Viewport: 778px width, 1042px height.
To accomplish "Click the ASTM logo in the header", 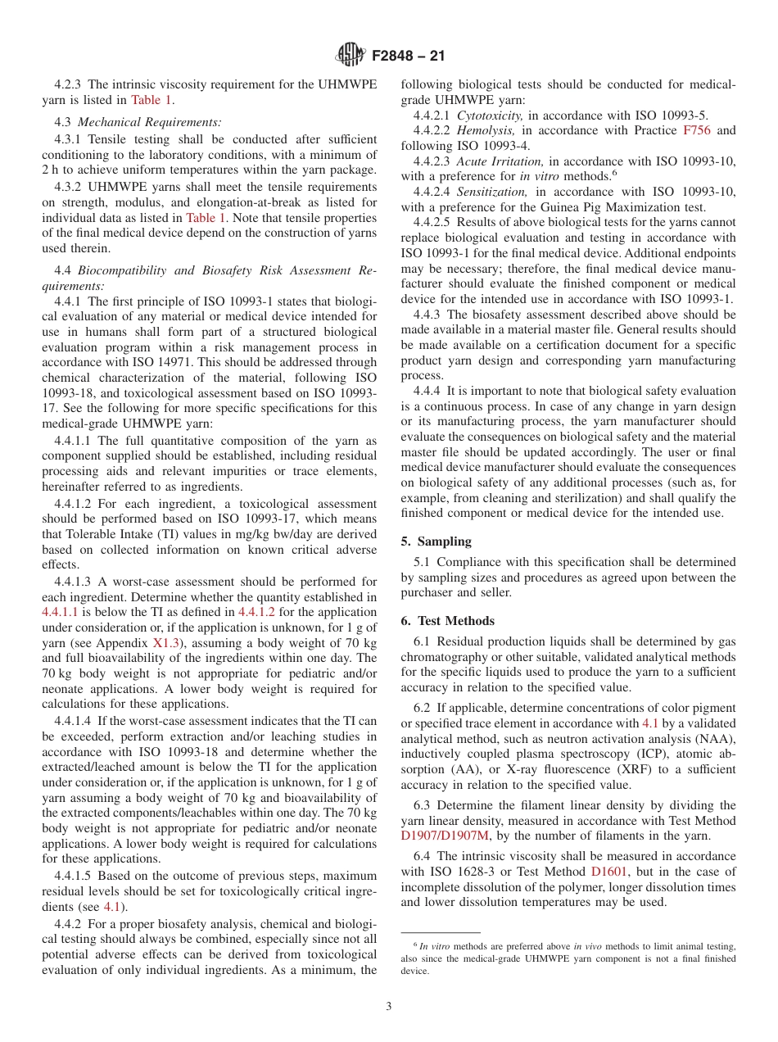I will pos(351,56).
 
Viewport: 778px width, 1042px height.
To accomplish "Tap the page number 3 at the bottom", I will pos(389,1007).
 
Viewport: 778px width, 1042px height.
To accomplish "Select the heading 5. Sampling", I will pos(436,541).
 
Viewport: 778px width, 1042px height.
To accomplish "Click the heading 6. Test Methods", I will pos(447,621).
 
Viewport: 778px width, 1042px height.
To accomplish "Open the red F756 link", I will pos(698,130).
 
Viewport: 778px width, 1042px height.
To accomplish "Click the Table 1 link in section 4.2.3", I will pos(152,100).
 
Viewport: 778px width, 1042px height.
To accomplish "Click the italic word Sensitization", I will pos(491,192).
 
